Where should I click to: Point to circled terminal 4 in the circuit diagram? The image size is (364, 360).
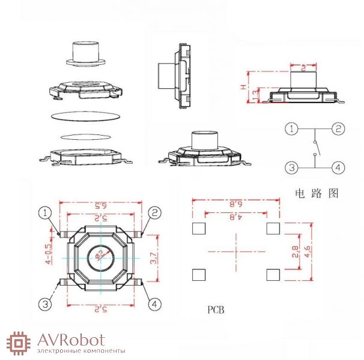pos(339,167)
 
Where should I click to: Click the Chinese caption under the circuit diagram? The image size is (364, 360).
pos(317,194)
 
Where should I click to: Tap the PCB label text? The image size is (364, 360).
pos(216,310)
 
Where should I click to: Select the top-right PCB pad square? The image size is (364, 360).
pos(273,228)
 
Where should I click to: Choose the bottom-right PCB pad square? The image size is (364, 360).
pos(273,275)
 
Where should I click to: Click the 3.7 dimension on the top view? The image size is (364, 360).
pos(154,258)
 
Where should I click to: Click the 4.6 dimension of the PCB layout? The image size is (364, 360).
pos(308,252)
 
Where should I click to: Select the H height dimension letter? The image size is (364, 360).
pos(243,88)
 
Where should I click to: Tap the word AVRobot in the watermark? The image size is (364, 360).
pos(71,340)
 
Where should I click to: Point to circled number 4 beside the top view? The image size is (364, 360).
pos(155,305)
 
